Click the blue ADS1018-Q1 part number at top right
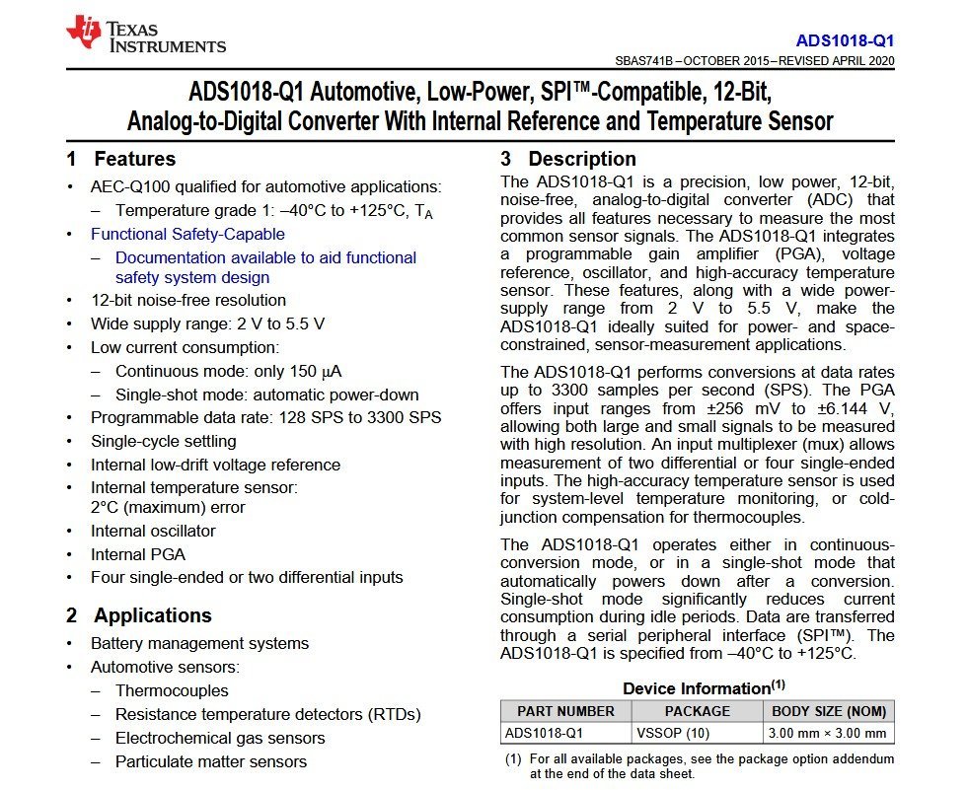pyautogui.click(x=845, y=41)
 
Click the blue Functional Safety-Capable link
pyautogui.click(x=187, y=234)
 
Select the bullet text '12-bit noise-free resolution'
pyautogui.click(x=188, y=300)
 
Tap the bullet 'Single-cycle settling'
pyautogui.click(x=164, y=441)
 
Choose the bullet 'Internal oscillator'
pyautogui.click(x=153, y=531)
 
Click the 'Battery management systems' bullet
pyautogui.click(x=199, y=643)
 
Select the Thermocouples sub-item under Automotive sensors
pyautogui.click(x=172, y=690)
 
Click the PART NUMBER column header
pyautogui.click(x=558, y=711)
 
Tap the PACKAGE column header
pyautogui.click(x=697, y=711)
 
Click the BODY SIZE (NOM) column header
pyautogui.click(x=829, y=711)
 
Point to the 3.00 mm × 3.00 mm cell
pyautogui.click(x=829, y=733)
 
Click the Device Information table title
pyautogui.click(x=704, y=687)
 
